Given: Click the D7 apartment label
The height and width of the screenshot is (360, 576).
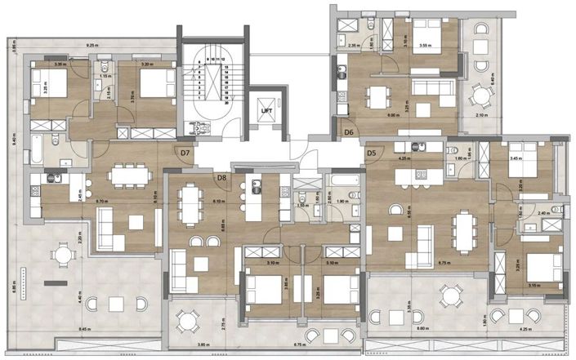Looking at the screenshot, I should pos(185,152).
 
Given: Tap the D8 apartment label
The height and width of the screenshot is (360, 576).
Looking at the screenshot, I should pos(221,177).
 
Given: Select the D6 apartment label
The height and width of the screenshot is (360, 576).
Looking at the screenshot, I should pos(349,131).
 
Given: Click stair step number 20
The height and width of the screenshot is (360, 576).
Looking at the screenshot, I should pos(224,101).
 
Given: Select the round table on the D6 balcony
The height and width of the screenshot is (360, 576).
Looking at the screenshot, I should pos(480,96).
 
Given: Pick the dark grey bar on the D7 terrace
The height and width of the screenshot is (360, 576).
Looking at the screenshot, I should pos(57,282).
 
